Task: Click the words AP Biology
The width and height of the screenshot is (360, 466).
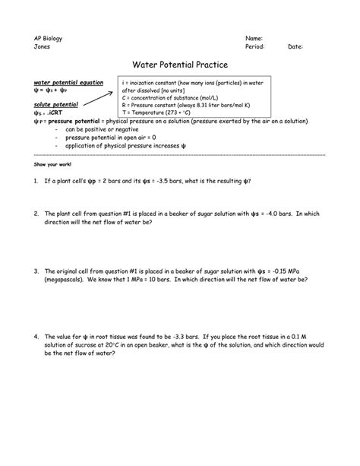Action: point(48,37)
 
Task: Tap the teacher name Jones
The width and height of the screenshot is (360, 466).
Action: point(43,46)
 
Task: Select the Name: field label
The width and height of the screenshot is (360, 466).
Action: point(254,37)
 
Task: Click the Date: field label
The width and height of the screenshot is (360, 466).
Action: point(295,46)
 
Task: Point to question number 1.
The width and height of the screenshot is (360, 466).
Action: point(36,182)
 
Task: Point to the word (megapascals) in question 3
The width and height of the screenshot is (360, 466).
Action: point(67,279)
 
